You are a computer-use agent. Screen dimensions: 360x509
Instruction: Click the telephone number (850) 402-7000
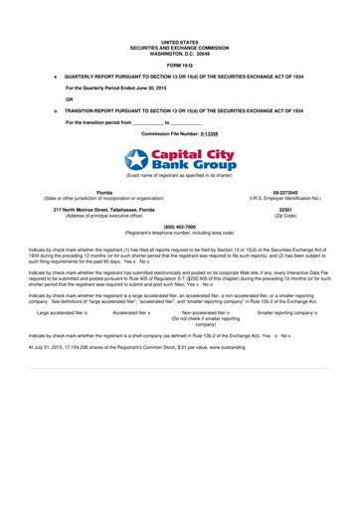pyautogui.click(x=180, y=226)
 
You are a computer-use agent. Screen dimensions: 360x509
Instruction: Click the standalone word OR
pyautogui.click(x=69, y=98)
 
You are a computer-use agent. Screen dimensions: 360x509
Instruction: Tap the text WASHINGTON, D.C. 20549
pyautogui.click(x=180, y=51)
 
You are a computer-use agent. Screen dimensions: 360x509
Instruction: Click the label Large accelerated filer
pyautogui.click(x=59, y=312)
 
